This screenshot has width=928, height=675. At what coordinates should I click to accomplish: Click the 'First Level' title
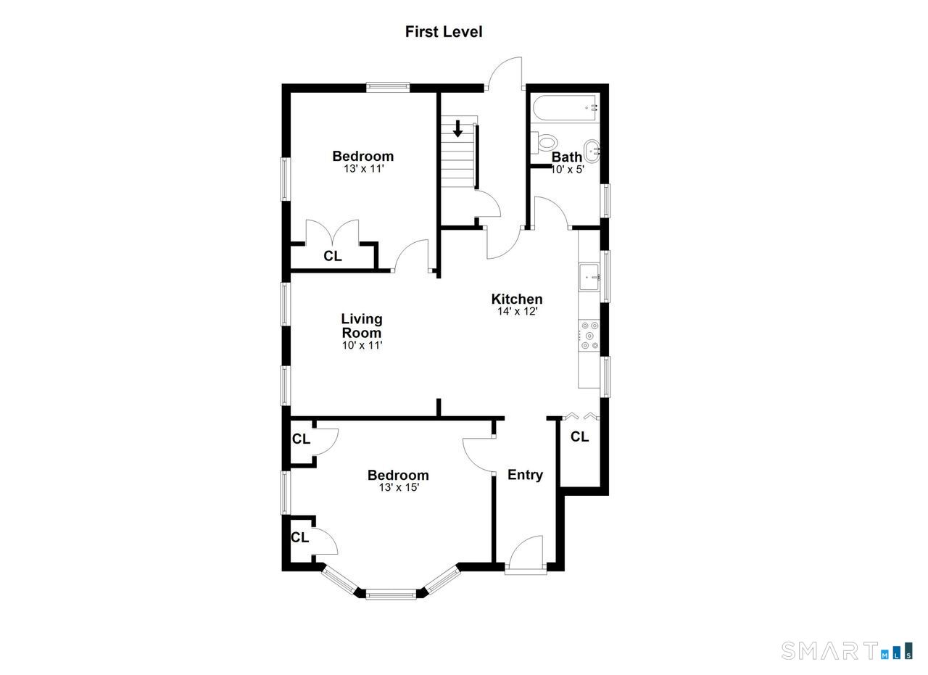(x=443, y=32)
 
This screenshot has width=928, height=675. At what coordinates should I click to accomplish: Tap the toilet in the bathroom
(x=544, y=143)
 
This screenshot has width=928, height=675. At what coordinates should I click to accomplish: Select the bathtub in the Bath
(x=564, y=108)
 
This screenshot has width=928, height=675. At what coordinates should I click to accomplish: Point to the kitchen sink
(x=589, y=277)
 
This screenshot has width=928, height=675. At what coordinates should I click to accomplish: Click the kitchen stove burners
(x=589, y=335)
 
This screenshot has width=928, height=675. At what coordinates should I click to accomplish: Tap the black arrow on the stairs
(x=457, y=128)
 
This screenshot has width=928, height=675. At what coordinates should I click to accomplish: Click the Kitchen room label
(x=517, y=299)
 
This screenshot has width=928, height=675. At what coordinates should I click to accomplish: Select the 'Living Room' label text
(x=362, y=326)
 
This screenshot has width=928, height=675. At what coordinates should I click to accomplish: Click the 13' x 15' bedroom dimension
(x=399, y=488)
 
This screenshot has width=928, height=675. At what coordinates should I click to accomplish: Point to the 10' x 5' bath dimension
(x=567, y=170)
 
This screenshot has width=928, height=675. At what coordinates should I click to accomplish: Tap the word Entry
(x=526, y=475)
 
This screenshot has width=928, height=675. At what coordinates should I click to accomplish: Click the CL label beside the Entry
(x=579, y=436)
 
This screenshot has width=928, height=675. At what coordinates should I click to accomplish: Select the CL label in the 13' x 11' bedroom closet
(x=333, y=256)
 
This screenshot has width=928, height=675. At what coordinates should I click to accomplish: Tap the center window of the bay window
(x=391, y=595)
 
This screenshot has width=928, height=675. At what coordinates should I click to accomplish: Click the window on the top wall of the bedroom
(x=388, y=87)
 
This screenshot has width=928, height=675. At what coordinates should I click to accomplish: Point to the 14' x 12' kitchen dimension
(x=517, y=311)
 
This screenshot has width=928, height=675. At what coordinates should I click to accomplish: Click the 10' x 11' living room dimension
(x=362, y=345)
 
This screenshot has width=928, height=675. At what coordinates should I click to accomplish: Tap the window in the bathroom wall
(x=605, y=201)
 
